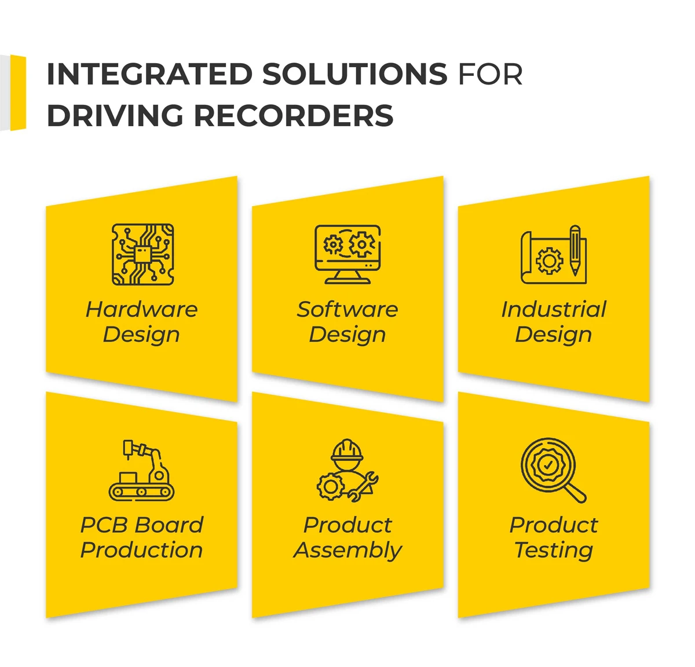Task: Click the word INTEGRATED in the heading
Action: coord(149,75)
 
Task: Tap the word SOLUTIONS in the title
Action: coord(354,75)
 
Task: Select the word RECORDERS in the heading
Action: coord(294,115)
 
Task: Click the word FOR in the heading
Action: coord(490,75)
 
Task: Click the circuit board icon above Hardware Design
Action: coord(142,255)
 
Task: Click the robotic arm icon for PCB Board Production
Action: coord(142,470)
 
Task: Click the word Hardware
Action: coord(142,309)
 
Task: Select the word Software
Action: coord(348,309)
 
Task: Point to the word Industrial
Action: coord(554,309)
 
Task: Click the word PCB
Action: coord(105,525)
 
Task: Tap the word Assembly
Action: coord(348,550)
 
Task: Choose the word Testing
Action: coord(554,550)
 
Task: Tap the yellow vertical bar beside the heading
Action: coord(18,93)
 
